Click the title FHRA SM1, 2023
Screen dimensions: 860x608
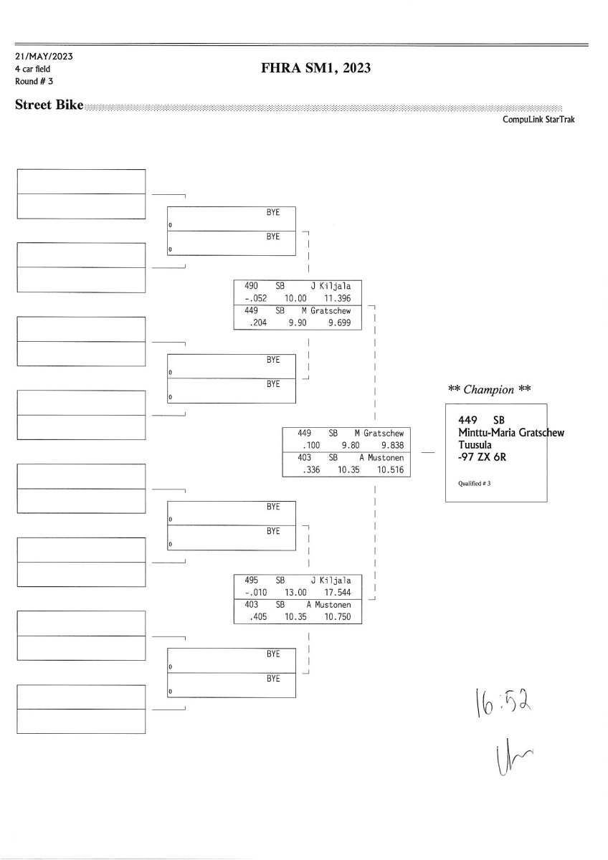316,68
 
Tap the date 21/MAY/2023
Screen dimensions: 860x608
44,56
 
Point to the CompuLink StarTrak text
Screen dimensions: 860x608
538,120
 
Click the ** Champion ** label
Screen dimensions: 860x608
489,390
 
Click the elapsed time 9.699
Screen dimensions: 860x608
338,323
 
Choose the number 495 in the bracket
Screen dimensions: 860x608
242,580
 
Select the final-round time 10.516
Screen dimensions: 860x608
388,470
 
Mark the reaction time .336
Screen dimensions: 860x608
310,470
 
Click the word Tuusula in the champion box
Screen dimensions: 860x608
475,444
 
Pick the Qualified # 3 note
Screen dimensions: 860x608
474,484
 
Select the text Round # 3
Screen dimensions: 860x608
34,81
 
